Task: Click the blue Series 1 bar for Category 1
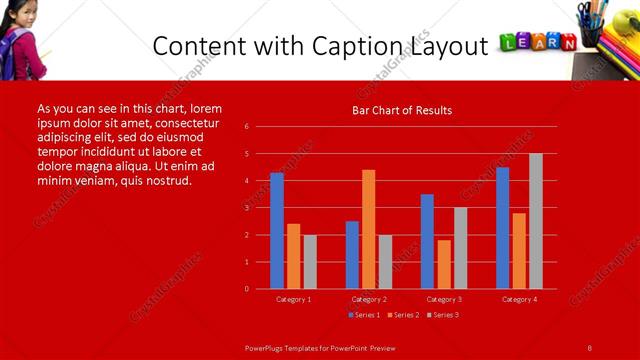pos(277,231)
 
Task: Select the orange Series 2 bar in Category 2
pos(369,229)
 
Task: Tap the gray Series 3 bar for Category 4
pos(536,221)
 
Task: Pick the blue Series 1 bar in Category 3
pos(427,241)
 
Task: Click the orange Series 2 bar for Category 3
pos(444,264)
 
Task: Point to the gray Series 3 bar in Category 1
pos(310,262)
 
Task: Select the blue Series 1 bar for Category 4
pos(502,228)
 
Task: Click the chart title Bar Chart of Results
pos(402,110)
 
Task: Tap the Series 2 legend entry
pos(402,315)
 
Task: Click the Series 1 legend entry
pos(363,315)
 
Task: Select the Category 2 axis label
pos(368,299)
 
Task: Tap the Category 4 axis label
pos(518,299)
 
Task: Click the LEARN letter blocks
pos(537,42)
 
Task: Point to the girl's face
pos(21,16)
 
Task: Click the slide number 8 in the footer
pos(589,347)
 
